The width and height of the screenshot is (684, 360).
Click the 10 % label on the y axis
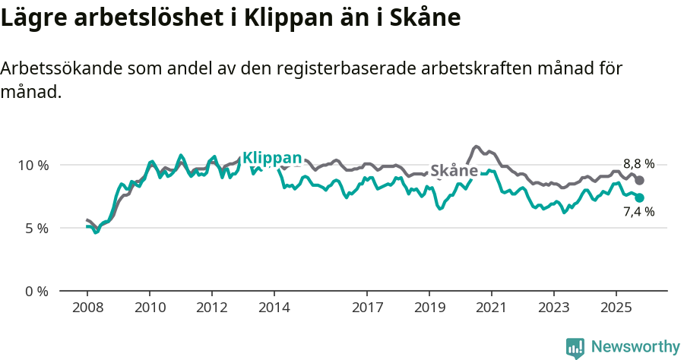33,165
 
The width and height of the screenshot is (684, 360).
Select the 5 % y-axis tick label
36,228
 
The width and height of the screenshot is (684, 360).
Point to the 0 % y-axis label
36,291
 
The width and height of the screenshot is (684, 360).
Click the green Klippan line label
272,158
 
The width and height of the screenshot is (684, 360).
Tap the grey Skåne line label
454,171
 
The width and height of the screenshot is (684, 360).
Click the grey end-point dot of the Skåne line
640,180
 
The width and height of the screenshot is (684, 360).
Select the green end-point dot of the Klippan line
640,197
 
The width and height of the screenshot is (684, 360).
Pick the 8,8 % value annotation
638,164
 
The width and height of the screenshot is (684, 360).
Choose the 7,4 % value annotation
638,213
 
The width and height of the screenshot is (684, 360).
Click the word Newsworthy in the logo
635,347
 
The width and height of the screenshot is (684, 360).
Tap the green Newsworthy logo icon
575,348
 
